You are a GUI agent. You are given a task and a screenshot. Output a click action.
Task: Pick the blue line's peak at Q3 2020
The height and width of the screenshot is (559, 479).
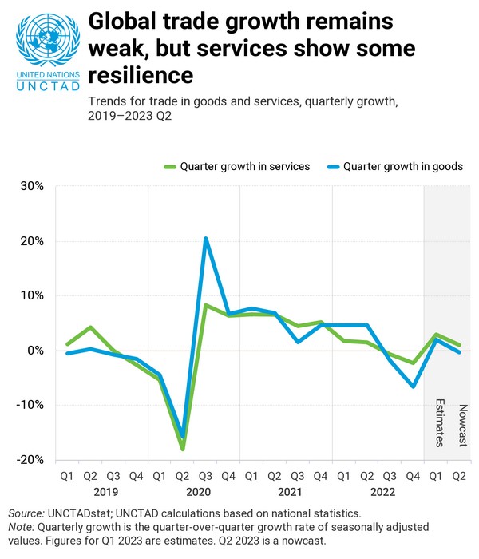(x=206, y=238)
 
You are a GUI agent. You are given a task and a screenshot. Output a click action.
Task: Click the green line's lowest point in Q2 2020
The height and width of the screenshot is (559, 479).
(x=183, y=449)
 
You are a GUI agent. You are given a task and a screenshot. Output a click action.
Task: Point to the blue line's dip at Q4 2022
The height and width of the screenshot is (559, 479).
(x=414, y=387)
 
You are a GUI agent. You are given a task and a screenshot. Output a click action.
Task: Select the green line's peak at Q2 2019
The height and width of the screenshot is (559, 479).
(x=91, y=327)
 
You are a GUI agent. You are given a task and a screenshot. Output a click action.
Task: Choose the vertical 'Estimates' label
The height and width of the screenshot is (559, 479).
(x=437, y=422)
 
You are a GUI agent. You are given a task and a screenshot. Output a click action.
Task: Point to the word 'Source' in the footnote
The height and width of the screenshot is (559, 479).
(x=26, y=513)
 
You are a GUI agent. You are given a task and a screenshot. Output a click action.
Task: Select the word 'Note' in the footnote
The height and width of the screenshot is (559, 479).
(x=22, y=527)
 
